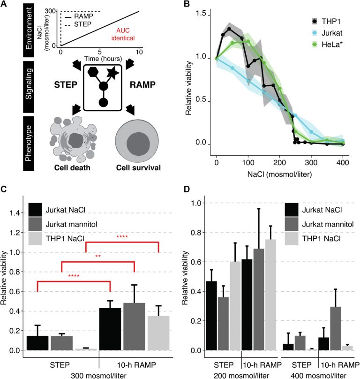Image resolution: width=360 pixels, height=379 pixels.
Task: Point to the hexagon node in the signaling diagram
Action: tap(93, 73)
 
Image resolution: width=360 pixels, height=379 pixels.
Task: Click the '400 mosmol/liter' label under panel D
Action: tap(318, 375)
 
